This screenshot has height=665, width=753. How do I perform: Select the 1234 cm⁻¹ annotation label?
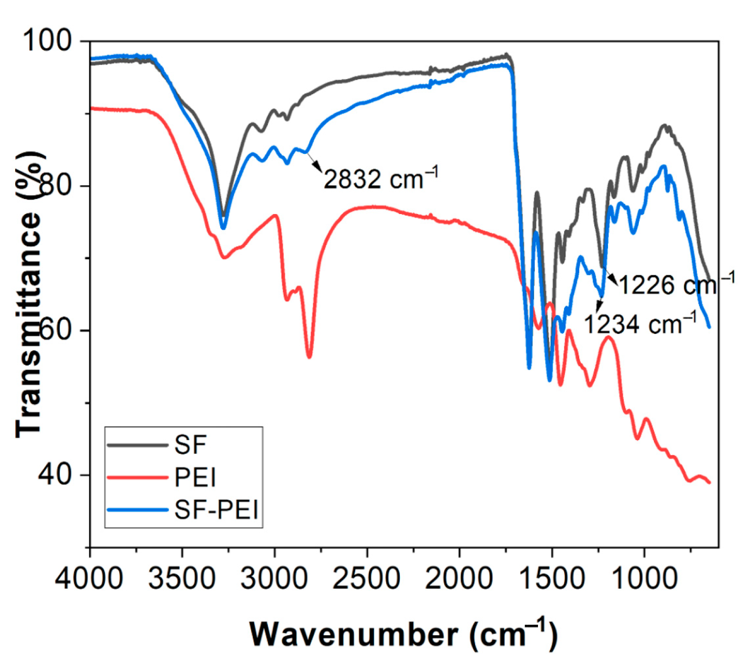(x=639, y=324)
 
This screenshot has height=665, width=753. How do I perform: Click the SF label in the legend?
(x=190, y=444)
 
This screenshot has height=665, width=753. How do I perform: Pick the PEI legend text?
(x=195, y=477)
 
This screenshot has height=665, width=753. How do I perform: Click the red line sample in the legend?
(x=137, y=477)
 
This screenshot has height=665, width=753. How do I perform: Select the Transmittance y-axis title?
(x=28, y=294)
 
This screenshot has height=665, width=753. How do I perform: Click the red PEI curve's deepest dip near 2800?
(x=309, y=357)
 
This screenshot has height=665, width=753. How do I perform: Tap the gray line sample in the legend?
(x=137, y=445)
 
